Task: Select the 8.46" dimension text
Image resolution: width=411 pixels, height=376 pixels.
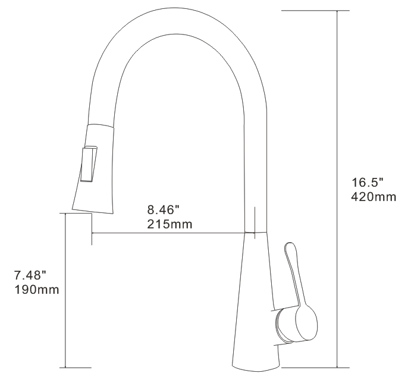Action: tap(162, 209)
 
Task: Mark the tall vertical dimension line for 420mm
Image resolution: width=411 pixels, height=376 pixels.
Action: tap(338, 178)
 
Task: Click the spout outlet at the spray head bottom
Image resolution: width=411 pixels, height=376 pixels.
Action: tap(94, 210)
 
